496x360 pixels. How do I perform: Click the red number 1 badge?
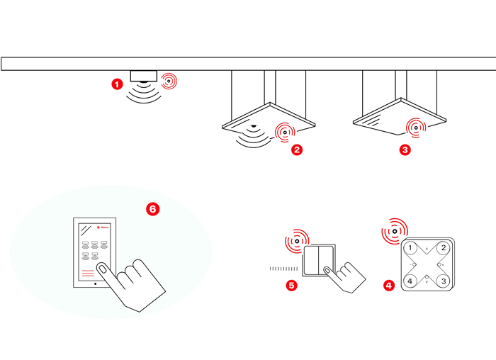(x=117, y=84)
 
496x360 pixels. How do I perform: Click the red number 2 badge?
(x=297, y=150)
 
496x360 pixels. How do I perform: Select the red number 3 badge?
(x=405, y=150)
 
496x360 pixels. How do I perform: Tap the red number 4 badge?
(x=388, y=286)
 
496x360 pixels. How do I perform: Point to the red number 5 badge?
(x=291, y=286)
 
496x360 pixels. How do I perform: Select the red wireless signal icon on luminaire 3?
(x=415, y=128)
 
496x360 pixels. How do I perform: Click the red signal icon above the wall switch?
(x=297, y=240)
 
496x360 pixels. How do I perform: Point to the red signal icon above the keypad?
(x=394, y=230)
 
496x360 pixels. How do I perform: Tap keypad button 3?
(x=444, y=281)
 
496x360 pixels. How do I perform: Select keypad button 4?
(x=409, y=281)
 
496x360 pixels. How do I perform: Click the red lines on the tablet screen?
(x=88, y=272)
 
